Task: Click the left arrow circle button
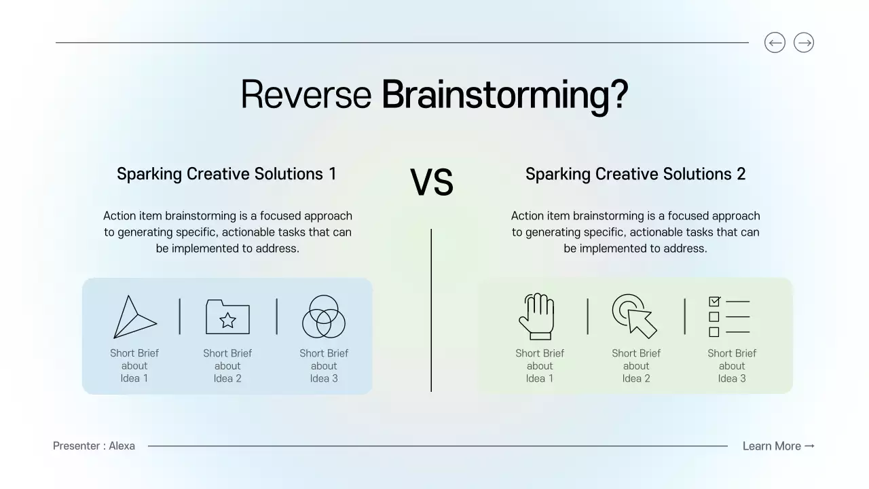click(775, 43)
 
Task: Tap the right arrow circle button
click(804, 43)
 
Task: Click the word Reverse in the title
click(306, 94)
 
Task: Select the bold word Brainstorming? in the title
click(504, 94)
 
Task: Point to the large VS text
click(432, 183)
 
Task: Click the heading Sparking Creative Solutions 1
click(227, 174)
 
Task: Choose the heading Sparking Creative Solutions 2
click(635, 174)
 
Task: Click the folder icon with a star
click(227, 316)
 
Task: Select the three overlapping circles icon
click(324, 316)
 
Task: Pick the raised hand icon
click(536, 316)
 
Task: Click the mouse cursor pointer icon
click(635, 316)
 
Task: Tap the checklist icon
click(729, 316)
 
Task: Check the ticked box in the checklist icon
click(714, 301)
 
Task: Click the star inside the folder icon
click(228, 320)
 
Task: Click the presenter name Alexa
click(122, 446)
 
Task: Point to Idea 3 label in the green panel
click(732, 378)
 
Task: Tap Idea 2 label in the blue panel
click(227, 378)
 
